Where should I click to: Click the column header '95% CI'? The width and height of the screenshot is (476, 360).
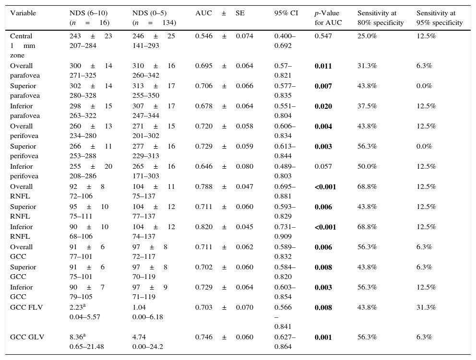pyautogui.click(x=286, y=13)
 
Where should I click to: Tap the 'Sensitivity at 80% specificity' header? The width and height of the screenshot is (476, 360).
pyautogui.click(x=381, y=18)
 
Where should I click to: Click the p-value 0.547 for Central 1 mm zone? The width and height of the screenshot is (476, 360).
pyautogui.click(x=324, y=36)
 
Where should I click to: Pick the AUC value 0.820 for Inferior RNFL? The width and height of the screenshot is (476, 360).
pyautogui.click(x=203, y=227)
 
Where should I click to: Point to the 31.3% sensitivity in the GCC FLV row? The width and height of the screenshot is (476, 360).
pyautogui.click(x=426, y=307)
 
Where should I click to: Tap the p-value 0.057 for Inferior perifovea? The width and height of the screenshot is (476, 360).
pyautogui.click(x=324, y=166)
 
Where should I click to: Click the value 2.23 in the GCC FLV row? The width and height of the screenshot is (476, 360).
pyautogui.click(x=77, y=307)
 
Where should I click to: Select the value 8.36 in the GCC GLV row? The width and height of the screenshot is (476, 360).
pyautogui.click(x=77, y=337)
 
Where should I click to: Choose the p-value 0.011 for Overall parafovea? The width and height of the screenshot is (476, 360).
pyautogui.click(x=324, y=66)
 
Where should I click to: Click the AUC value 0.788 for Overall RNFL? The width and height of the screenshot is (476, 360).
pyautogui.click(x=203, y=186)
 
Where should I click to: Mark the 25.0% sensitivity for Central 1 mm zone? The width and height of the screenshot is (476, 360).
pyautogui.click(x=367, y=36)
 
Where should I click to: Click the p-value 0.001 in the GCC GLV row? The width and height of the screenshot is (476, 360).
pyautogui.click(x=324, y=337)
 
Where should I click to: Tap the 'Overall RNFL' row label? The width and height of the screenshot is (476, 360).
pyautogui.click(x=22, y=191)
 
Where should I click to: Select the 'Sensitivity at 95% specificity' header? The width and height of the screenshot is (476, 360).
pyautogui.click(x=440, y=18)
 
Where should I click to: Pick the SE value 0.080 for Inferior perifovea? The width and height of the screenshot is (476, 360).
pyautogui.click(x=244, y=166)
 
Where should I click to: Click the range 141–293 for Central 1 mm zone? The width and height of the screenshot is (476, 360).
pyautogui.click(x=146, y=45)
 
